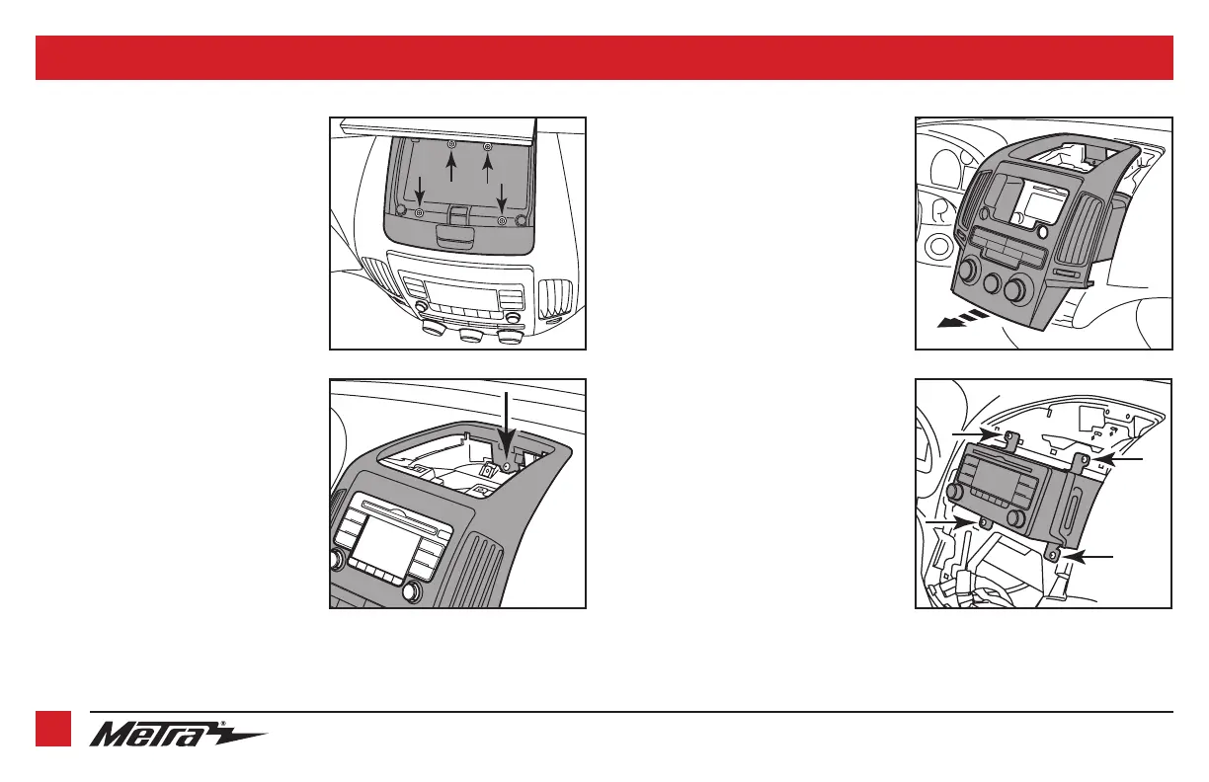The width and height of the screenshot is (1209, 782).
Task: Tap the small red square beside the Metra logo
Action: pos(53,729)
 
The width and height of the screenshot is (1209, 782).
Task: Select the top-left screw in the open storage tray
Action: pos(452,145)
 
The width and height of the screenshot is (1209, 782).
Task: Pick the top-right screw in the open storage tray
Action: pos(488,147)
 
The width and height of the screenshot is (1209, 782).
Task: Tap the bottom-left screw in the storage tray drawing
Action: pos(420,213)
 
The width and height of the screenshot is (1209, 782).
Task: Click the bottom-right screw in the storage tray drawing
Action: pos(503,220)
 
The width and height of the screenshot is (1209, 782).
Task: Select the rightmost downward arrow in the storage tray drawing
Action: pos(502,196)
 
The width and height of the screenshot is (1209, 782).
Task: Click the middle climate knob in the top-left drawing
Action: pos(472,336)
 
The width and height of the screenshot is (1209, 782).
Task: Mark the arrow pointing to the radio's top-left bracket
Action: pos(972,432)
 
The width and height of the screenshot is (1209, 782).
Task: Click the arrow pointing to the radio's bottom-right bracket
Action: pos(1090,559)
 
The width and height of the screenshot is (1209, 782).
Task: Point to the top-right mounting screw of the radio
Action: pos(1085,459)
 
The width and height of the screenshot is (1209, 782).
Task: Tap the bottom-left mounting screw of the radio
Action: pos(985,521)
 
